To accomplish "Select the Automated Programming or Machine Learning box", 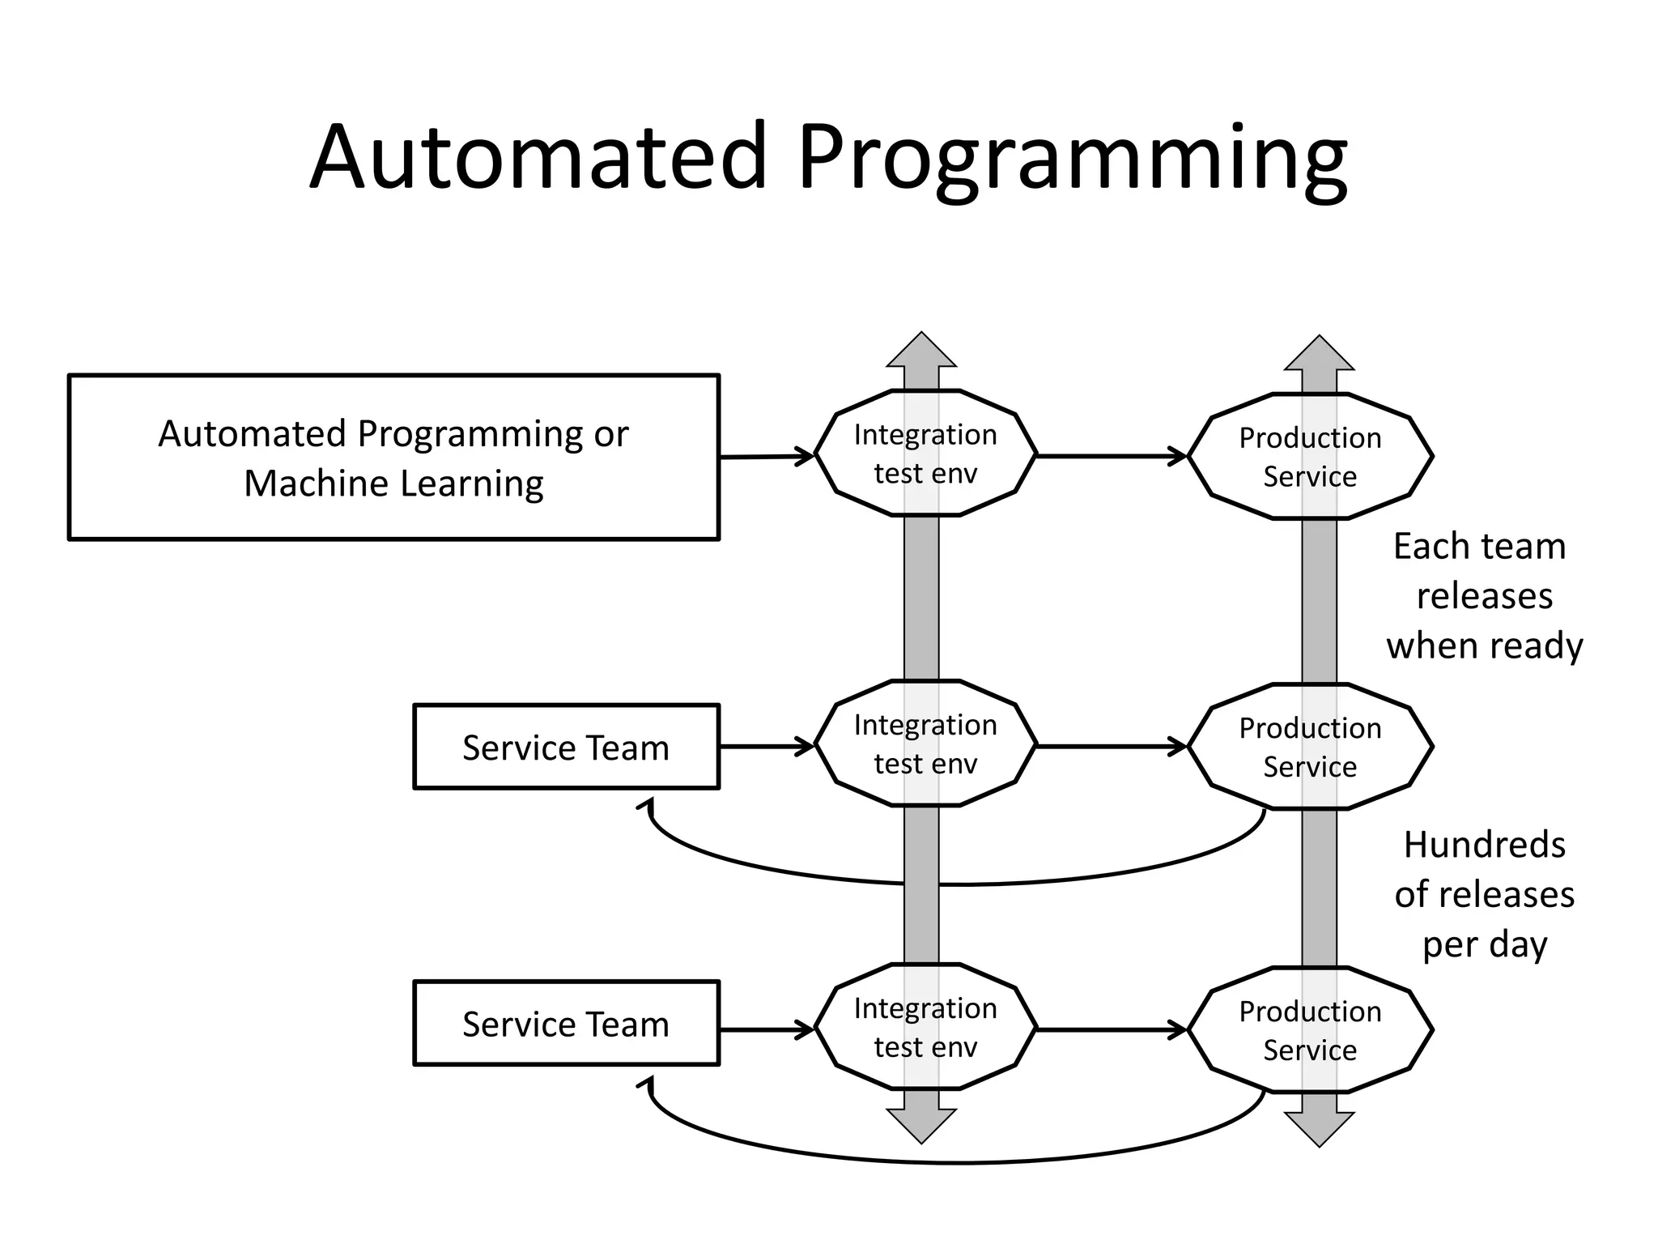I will [393, 457].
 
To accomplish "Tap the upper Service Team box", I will [566, 747].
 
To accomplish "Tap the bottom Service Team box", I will [566, 1024].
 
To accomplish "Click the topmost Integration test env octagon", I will [925, 454].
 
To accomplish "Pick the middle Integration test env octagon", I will [925, 743].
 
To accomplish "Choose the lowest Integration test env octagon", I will [925, 1027].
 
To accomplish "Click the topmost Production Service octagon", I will [1310, 457].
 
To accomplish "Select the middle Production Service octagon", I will [1310, 747].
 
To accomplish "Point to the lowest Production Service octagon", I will [1310, 1030].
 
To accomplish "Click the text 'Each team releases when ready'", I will [1483, 596].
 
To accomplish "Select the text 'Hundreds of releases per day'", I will [1483, 894].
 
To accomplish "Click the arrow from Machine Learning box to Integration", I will [766, 457].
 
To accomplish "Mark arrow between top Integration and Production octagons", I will [1111, 456].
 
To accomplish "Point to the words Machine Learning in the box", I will [393, 484].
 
